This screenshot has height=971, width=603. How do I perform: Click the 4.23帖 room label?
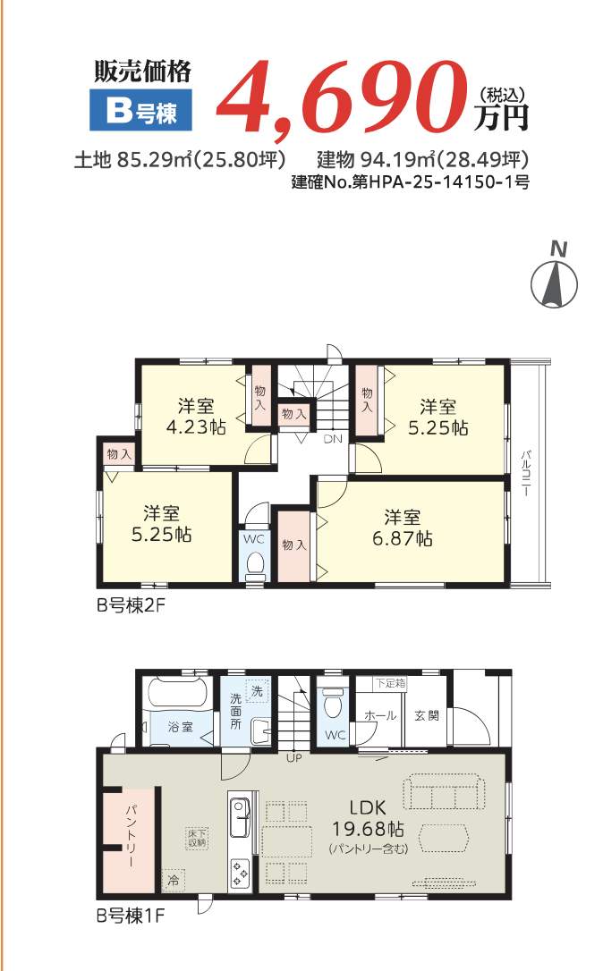click(x=195, y=416)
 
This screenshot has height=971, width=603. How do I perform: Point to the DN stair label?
click(x=332, y=439)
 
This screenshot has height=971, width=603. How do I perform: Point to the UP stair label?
click(x=293, y=759)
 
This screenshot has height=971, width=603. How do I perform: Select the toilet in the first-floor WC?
click(x=332, y=704)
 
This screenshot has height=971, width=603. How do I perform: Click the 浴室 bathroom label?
click(x=182, y=727)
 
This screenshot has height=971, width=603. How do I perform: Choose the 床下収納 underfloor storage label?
click(x=197, y=837)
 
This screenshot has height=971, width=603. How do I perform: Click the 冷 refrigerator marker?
click(x=172, y=880)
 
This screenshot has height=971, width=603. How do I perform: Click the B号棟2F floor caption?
click(x=132, y=604)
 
